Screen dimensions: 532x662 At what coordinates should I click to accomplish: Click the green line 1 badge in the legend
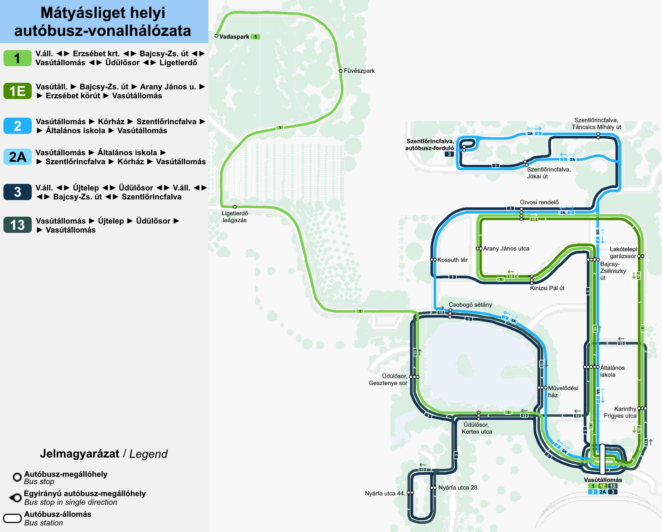click(17, 58)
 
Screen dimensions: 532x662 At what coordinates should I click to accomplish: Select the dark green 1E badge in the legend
click(17, 91)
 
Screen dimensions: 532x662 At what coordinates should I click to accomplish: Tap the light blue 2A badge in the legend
click(17, 157)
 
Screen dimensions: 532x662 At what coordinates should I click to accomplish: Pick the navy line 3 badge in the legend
click(17, 192)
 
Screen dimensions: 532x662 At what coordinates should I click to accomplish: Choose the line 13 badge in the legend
click(17, 225)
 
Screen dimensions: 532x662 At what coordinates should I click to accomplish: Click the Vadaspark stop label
click(234, 37)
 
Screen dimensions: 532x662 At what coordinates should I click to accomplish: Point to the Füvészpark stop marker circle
click(340, 71)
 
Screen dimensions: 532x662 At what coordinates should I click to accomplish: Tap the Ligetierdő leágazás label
click(235, 217)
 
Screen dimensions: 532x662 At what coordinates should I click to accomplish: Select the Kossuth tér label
click(452, 260)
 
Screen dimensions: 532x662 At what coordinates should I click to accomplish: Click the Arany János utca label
click(506, 248)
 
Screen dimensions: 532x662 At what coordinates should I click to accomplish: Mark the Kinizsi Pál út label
click(547, 288)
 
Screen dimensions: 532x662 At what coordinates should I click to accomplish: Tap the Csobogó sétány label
click(470, 305)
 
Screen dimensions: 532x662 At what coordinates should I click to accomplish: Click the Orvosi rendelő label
click(539, 202)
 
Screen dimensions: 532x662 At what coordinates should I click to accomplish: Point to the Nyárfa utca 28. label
click(458, 487)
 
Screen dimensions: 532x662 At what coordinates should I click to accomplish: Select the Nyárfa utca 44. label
click(385, 493)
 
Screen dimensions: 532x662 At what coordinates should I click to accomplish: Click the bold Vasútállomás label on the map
click(603, 480)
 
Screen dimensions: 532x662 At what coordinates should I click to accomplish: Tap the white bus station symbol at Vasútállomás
click(602, 459)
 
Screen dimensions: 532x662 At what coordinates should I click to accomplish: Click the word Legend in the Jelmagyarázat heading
click(148, 454)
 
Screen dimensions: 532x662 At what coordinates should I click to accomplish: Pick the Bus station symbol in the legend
click(12, 519)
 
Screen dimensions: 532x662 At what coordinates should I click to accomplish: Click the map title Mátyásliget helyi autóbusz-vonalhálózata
click(103, 21)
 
